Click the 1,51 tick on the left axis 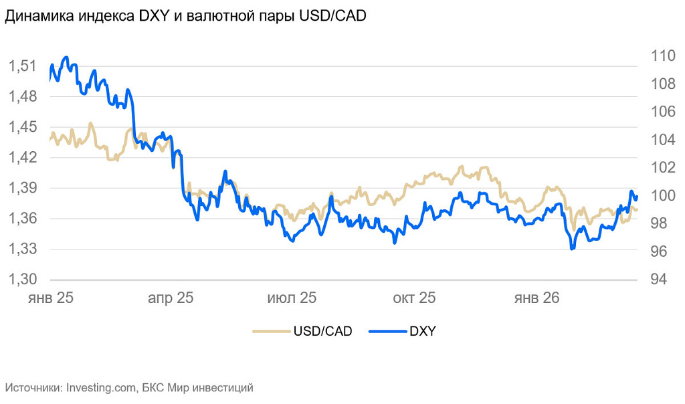click(21, 66)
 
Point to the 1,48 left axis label click(21, 97)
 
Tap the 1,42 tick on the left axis click(21, 158)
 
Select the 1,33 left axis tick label click(21, 249)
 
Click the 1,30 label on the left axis click(21, 280)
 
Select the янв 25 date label click(50, 298)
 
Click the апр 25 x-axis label click(170, 298)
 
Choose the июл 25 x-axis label click(292, 298)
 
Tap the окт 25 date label click(413, 298)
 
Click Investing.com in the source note click(102, 387)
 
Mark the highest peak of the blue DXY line click(66, 58)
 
